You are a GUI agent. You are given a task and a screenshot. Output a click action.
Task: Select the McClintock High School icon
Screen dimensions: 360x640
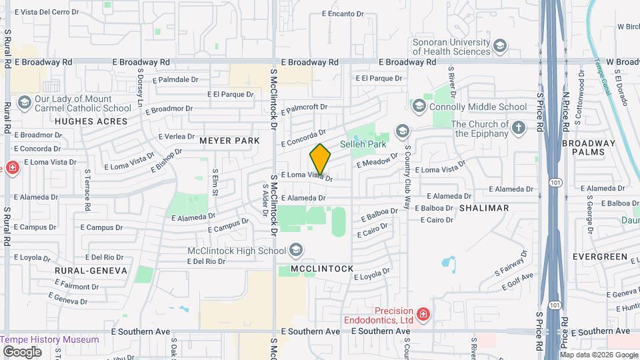(296, 251)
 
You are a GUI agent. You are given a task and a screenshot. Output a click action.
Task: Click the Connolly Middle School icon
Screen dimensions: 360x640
(419, 106)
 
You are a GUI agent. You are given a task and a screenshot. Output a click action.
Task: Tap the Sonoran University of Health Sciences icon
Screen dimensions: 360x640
(500, 46)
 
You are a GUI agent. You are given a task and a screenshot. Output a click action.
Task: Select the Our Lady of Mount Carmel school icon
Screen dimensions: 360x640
(25, 102)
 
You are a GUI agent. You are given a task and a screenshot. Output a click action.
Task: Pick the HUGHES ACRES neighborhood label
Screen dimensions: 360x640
(91, 121)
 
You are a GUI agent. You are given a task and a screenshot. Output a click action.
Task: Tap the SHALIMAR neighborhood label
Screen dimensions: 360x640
(484, 208)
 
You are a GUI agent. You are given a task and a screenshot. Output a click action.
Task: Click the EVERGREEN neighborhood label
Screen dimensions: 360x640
(604, 257)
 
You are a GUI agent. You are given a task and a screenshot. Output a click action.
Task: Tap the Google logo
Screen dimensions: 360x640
(22, 351)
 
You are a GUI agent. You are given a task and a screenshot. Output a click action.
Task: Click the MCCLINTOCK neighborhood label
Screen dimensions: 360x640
(322, 269)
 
